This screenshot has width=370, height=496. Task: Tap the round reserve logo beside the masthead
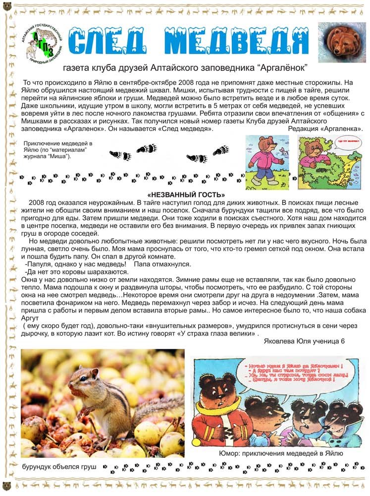pos(44,42)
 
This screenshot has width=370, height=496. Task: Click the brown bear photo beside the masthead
pos(342,42)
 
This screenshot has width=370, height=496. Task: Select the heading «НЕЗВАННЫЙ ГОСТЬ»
pos(186,195)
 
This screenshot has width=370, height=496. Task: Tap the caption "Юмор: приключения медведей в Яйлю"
pos(280,453)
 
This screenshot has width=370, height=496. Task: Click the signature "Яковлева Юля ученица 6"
pos(304,341)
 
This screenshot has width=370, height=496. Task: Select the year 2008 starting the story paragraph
pos(38,203)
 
